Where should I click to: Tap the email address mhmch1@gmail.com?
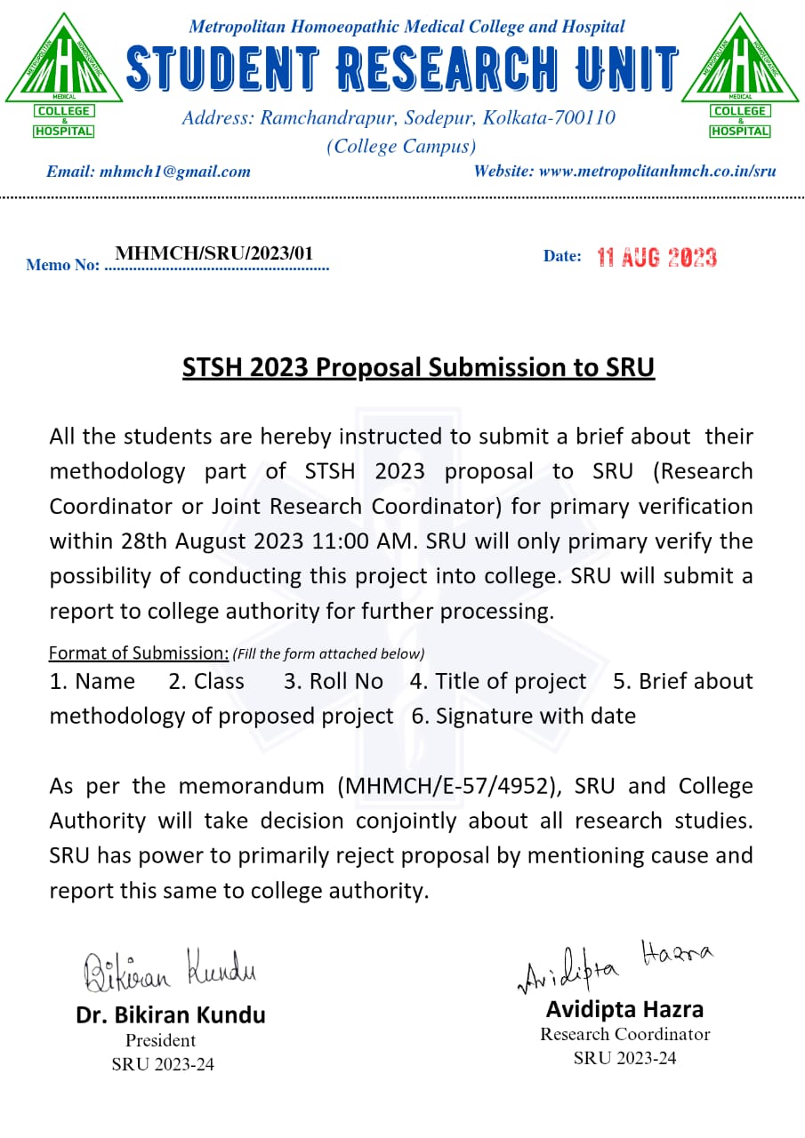(x=174, y=172)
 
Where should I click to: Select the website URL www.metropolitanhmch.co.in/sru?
(x=657, y=171)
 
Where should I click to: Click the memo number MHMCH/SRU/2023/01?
(x=214, y=253)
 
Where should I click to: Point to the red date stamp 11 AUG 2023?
(x=656, y=258)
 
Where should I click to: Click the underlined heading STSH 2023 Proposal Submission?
(x=418, y=367)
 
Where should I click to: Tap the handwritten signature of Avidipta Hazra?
(x=615, y=965)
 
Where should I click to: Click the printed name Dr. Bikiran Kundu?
(x=171, y=1014)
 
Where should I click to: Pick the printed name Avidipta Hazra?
(x=624, y=1009)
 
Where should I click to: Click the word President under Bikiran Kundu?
(x=160, y=1040)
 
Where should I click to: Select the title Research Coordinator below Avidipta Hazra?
(x=624, y=1034)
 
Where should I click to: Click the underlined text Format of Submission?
(x=138, y=653)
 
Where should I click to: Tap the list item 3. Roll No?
(x=333, y=681)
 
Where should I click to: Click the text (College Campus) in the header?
(x=401, y=146)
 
